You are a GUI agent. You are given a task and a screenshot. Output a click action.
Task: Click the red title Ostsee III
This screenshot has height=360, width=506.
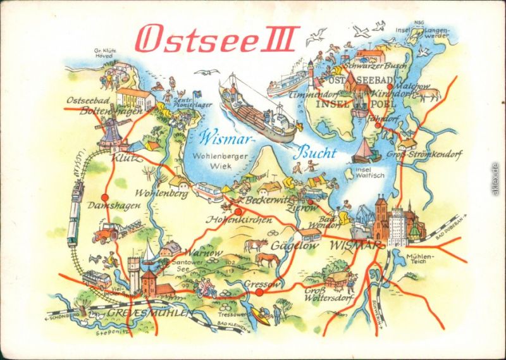click(x=216, y=39)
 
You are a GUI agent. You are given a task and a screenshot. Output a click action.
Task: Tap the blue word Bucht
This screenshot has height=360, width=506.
click(x=315, y=152)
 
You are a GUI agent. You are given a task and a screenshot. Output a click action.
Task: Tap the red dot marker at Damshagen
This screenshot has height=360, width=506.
click(x=105, y=197)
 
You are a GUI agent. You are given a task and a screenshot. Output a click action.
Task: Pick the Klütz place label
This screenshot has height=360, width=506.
click(x=126, y=158)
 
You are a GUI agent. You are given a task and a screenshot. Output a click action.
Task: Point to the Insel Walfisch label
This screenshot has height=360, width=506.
click(x=369, y=173)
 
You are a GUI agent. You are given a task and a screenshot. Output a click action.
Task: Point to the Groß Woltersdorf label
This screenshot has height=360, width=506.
click(x=323, y=295)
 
